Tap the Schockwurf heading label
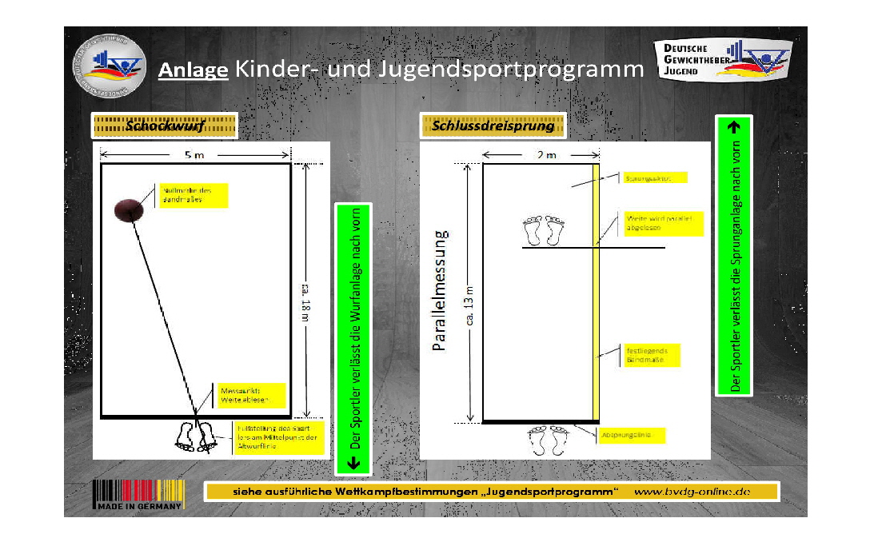coord(165,126)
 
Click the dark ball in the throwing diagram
coord(128,209)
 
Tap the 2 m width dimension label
coord(546,155)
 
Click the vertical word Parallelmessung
coord(439,293)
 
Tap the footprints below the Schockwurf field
coord(195,436)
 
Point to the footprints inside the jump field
coord(544,230)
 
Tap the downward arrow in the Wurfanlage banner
coord(355,462)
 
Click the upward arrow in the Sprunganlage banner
coord(735,126)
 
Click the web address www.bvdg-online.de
coord(692,492)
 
